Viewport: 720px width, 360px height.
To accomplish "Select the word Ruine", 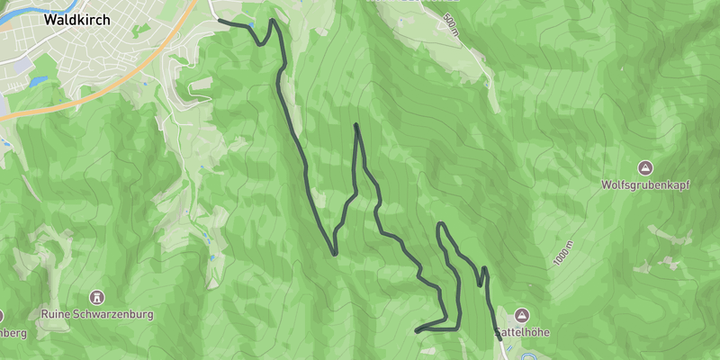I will (57, 315).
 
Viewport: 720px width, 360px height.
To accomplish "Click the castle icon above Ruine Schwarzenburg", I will (97, 297).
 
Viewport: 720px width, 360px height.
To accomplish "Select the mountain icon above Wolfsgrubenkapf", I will (645, 168).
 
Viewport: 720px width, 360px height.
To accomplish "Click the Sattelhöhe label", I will (523, 333).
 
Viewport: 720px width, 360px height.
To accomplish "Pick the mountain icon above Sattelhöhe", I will (523, 316).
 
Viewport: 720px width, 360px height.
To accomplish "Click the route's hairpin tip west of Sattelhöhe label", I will (417, 332).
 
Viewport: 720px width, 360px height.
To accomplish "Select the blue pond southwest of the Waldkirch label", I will (37, 82).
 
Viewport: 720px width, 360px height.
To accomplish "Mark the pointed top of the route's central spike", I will (357, 125).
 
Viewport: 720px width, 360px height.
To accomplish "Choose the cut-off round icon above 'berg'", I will (2, 316).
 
